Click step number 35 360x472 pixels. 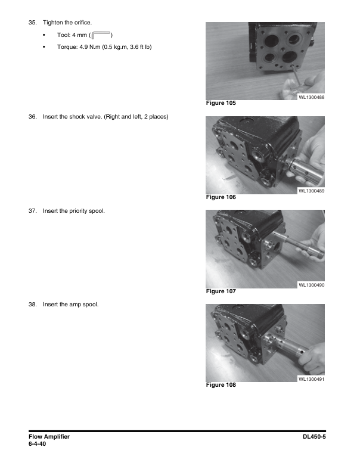[32, 22]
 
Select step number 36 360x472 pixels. [32, 116]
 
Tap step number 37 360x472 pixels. [32, 210]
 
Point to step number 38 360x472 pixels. [32, 305]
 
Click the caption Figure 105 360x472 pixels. [221, 103]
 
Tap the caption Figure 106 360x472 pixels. [221, 197]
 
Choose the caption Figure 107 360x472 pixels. [221, 291]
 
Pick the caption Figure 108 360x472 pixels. [221, 385]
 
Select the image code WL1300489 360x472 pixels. [311, 191]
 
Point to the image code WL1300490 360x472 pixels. [311, 285]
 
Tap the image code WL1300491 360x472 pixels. [311, 379]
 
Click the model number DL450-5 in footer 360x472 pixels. [317, 437]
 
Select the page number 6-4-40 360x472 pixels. [37, 444]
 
